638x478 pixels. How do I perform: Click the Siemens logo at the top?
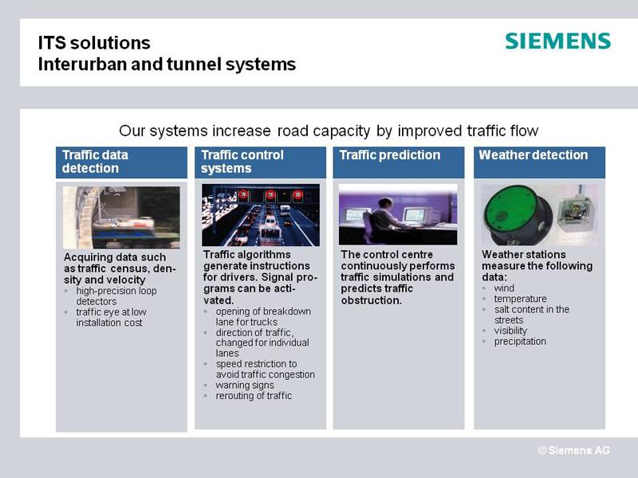[557, 41]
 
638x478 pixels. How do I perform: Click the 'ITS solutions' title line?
[94, 43]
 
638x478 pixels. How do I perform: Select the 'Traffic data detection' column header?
[122, 163]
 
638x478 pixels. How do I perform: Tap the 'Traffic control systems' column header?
[261, 163]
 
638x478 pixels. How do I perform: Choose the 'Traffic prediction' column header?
[399, 163]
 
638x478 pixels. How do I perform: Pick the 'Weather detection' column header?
[540, 163]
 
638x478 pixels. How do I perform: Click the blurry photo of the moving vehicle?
[122, 217]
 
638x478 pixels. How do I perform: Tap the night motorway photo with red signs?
[261, 215]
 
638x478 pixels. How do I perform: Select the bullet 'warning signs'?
[245, 385]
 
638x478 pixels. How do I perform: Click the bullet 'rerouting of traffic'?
[254, 395]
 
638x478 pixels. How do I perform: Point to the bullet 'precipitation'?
[520, 342]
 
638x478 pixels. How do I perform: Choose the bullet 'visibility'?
[510, 331]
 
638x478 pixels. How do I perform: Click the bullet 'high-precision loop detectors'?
[116, 296]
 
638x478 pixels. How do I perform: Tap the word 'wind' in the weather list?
[504, 288]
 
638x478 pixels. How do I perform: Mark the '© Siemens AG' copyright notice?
[573, 450]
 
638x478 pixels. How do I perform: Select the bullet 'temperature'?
[521, 299]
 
